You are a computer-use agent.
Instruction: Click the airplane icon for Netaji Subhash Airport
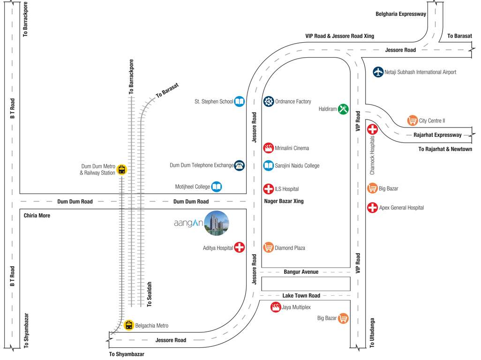pyautogui.click(x=378, y=72)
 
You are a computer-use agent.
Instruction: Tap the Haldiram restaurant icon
pyautogui.click(x=343, y=109)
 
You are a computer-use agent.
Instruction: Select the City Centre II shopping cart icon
pyautogui.click(x=413, y=120)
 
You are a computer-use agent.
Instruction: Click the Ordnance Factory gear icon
pyautogui.click(x=268, y=101)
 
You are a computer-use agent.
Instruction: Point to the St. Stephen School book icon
pyautogui.click(x=239, y=101)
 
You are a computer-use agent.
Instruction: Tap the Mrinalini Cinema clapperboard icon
pyautogui.click(x=268, y=148)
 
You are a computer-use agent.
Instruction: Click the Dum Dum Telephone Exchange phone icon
pyautogui.click(x=239, y=165)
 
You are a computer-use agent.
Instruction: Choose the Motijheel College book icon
pyautogui.click(x=216, y=187)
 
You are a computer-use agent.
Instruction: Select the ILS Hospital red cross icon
pyautogui.click(x=268, y=189)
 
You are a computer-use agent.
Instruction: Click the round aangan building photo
pyautogui.click(x=217, y=223)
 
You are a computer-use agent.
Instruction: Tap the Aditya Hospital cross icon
pyautogui.click(x=239, y=247)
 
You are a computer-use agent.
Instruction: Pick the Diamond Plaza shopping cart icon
pyautogui.click(x=268, y=247)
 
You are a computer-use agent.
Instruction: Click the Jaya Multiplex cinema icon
pyautogui.click(x=276, y=307)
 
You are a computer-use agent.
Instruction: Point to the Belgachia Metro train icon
pyautogui.click(x=128, y=325)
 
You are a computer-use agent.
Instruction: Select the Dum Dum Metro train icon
pyautogui.click(x=122, y=169)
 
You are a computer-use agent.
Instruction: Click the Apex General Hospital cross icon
pyautogui.click(x=372, y=207)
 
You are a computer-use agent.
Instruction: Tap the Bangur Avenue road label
pyautogui.click(x=301, y=272)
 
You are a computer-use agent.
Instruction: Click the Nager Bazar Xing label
pyautogui.click(x=284, y=201)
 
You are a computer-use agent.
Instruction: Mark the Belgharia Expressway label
pyautogui.click(x=401, y=14)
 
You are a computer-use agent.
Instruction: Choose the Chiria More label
pyautogui.click(x=37, y=216)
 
